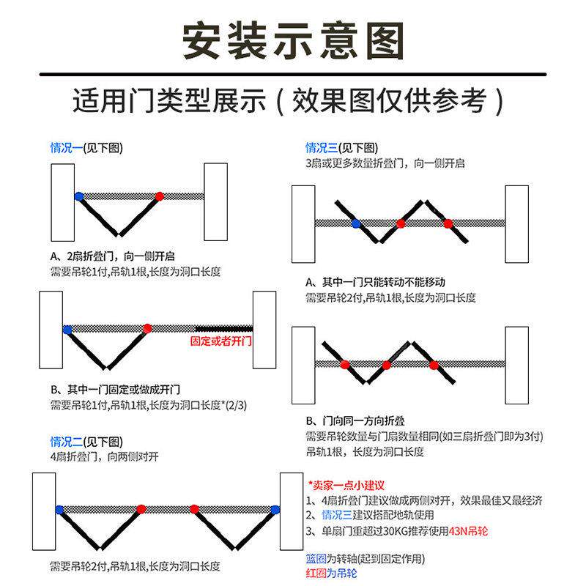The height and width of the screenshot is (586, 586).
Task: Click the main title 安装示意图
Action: pos(293,41)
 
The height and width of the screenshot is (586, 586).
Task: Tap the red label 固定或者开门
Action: pos(221,341)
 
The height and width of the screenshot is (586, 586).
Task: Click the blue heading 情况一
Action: pos(66,148)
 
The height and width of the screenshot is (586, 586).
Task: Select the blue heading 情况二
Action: pos(66,442)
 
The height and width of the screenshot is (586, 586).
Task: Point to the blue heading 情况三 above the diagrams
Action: pos(322,148)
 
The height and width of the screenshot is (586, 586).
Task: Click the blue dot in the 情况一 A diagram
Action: pos(79,196)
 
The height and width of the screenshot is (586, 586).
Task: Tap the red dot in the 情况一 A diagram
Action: pos(160,196)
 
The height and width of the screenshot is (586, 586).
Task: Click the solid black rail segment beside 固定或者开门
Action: pos(224,329)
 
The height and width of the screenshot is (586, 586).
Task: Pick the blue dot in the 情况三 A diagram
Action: pos(356,224)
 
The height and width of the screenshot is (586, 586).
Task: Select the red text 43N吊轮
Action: pos(468,531)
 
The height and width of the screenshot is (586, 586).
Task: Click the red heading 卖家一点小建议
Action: pos(346,486)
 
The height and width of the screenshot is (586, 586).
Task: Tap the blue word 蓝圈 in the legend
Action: pos(316,559)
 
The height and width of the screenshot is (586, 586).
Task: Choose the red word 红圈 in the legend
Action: pos(316,574)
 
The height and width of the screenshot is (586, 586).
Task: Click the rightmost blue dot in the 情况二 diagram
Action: pos(275,509)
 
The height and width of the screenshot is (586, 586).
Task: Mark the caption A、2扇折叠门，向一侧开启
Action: pos(113,256)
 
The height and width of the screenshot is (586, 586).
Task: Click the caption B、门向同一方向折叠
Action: pos(355,421)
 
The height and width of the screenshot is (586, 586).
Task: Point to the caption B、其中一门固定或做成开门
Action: pos(116,390)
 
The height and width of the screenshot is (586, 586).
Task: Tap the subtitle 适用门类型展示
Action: pos(169,100)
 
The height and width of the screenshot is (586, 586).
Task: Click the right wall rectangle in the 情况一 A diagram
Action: pos(215,202)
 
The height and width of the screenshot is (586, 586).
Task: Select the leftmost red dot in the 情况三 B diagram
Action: pos(345,364)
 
